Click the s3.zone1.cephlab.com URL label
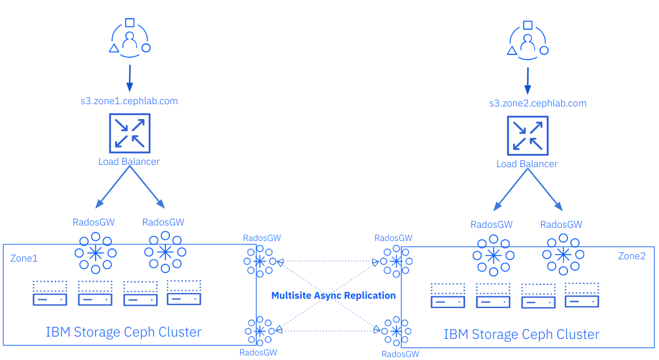tap(129, 101)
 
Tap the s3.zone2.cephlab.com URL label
tap(538, 104)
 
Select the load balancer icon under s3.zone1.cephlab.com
tap(130, 133)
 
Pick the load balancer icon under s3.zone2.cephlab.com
tap(528, 136)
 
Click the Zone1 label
tap(24, 258)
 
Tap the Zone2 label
tap(632, 256)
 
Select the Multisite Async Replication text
tap(334, 296)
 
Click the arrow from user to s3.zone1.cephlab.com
tap(130, 78)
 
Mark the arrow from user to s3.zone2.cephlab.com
tap(528, 81)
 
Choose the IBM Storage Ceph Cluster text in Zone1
tap(124, 332)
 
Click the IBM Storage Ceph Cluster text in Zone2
tap(522, 334)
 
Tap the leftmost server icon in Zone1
tap(50, 292)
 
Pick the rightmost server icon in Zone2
tap(582, 295)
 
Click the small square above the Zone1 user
tap(130, 23)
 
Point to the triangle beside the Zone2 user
tap(512, 51)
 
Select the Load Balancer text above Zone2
tap(527, 164)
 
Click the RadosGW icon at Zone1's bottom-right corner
tap(260, 331)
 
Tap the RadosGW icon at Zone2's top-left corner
tap(396, 261)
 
